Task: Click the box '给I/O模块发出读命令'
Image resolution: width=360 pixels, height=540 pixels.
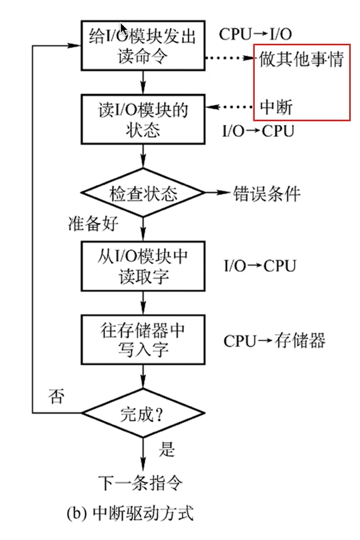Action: pyautogui.click(x=143, y=45)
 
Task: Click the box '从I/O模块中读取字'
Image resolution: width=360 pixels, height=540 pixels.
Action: pyautogui.click(x=143, y=267)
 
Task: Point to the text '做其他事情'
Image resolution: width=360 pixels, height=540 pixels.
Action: pyautogui.click(x=301, y=59)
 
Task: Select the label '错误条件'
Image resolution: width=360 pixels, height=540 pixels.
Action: pyautogui.click(x=266, y=194)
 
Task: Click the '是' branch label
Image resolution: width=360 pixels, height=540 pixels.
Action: pyautogui.click(x=167, y=448)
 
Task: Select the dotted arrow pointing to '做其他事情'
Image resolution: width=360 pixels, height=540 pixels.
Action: pyautogui.click(x=230, y=59)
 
